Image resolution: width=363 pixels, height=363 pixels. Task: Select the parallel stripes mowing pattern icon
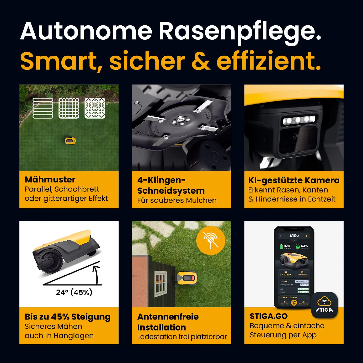(x=43, y=108)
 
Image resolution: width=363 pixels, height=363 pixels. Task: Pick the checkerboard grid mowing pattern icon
(x=69, y=108)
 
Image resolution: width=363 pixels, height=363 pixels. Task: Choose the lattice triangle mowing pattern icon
(x=95, y=108)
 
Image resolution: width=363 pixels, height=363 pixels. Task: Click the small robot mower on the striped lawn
(x=70, y=141)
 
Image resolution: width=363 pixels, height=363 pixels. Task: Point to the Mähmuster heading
(x=50, y=180)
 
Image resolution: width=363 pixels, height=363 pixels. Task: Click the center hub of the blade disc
(x=180, y=120)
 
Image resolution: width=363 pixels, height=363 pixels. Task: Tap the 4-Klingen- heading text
(x=161, y=180)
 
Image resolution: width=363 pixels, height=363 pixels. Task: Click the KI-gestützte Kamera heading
(x=294, y=180)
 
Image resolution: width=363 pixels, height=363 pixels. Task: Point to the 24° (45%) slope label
(x=74, y=292)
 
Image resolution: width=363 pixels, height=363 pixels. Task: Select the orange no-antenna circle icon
(x=211, y=240)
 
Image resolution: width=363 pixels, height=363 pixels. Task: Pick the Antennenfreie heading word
(x=168, y=317)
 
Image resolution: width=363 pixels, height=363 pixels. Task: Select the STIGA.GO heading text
(x=268, y=316)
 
